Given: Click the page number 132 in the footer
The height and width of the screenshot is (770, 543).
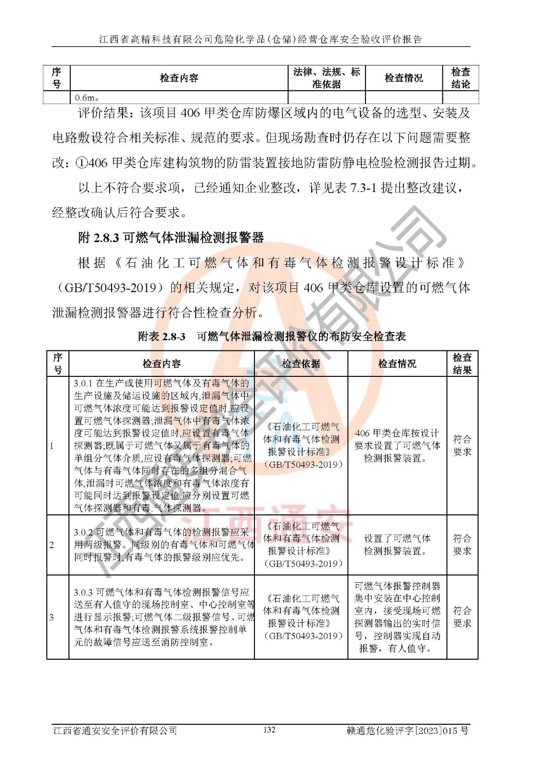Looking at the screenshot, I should pyautogui.click(x=269, y=730).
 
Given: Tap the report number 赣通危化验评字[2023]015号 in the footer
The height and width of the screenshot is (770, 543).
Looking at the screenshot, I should pyautogui.click(x=407, y=731).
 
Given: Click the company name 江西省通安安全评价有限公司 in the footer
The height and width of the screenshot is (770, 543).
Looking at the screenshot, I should pyautogui.click(x=115, y=731).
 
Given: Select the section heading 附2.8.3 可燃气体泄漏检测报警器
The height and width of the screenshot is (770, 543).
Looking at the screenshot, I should pyautogui.click(x=171, y=237).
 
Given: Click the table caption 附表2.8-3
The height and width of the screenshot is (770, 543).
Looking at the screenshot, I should pyautogui.click(x=162, y=336).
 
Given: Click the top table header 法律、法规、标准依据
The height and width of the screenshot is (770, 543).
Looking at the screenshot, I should pyautogui.click(x=327, y=77).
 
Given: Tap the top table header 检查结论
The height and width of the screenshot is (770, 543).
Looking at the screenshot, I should pyautogui.click(x=460, y=77).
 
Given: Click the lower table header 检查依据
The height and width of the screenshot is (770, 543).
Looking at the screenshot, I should pyautogui.click(x=301, y=364).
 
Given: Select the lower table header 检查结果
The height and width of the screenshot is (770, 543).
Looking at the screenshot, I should pyautogui.click(x=462, y=364).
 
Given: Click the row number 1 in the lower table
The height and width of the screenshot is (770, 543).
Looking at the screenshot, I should pyautogui.click(x=52, y=446).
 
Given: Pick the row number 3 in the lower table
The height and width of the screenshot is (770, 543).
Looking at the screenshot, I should pyautogui.click(x=52, y=617).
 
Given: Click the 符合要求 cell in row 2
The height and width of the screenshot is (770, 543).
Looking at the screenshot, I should pyautogui.click(x=462, y=545).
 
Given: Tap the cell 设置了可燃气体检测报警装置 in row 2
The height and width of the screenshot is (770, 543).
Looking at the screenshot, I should pyautogui.click(x=397, y=545).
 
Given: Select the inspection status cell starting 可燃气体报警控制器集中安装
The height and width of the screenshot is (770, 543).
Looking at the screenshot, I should pyautogui.click(x=397, y=617).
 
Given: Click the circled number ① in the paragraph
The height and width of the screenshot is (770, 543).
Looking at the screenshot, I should pyautogui.click(x=81, y=163).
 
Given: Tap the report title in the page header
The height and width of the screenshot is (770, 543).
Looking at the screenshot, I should pyautogui.click(x=260, y=39).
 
